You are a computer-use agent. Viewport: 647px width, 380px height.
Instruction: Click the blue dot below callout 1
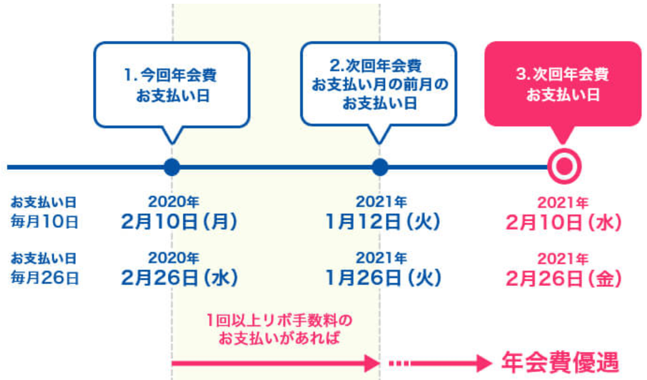click(172, 167)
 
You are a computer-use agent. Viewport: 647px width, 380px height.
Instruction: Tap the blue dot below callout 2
click(379, 167)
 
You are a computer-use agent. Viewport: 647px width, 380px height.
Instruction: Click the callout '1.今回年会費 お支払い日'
click(172, 84)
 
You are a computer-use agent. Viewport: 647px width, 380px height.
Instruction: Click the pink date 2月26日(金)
click(563, 278)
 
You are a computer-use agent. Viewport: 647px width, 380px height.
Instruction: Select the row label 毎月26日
click(44, 277)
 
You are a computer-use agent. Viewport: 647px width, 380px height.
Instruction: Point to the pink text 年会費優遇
click(560, 362)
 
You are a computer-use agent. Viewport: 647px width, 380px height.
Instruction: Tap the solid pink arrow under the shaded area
click(275, 362)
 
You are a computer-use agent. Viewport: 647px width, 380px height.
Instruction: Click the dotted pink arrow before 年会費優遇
click(437, 362)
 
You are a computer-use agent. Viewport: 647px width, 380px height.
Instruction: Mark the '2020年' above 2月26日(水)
click(174, 257)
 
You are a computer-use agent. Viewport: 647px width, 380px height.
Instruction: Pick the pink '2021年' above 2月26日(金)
click(563, 257)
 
